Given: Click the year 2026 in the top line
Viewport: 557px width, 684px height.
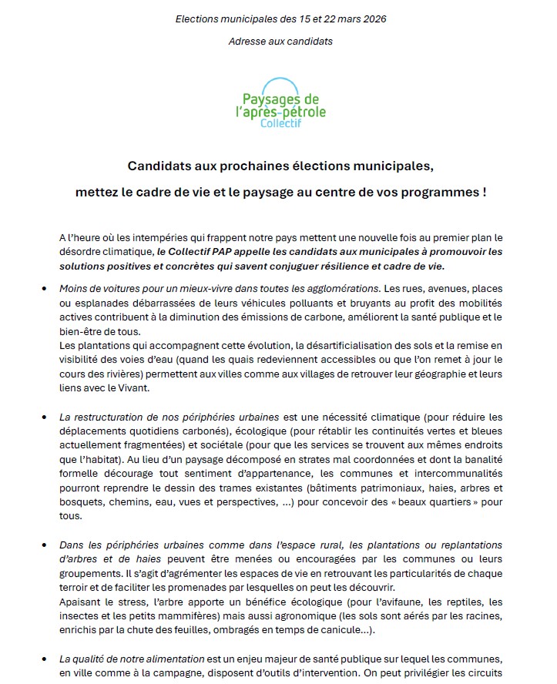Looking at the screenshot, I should click(x=372, y=18).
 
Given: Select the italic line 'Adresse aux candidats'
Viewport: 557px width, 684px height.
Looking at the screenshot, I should click(x=280, y=41).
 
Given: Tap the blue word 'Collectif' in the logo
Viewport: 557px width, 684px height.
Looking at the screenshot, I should click(x=280, y=123).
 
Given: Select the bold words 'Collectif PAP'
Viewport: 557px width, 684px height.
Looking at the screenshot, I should click(x=191, y=251).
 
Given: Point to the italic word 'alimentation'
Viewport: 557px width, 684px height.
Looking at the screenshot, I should click(x=176, y=659).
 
